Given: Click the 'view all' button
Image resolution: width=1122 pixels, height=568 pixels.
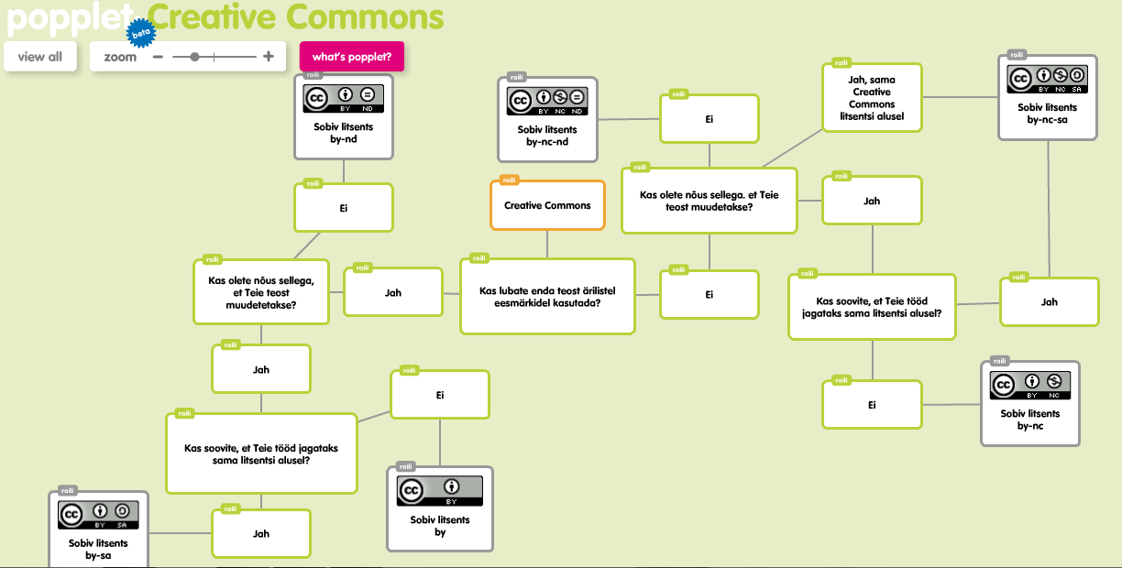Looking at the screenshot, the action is (x=39, y=57).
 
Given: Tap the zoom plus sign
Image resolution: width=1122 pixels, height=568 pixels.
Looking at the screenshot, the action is (x=269, y=57).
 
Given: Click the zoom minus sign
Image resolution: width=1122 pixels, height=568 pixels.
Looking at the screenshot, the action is (x=158, y=57).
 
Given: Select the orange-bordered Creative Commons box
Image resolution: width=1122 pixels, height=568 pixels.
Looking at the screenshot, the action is (x=547, y=205).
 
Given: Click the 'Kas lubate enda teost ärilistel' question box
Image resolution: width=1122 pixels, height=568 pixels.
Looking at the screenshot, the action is (x=547, y=296).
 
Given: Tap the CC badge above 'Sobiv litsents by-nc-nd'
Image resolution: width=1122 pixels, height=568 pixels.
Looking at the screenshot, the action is (x=547, y=99).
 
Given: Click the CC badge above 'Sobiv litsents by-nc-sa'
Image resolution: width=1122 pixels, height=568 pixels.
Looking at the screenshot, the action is (x=1047, y=78).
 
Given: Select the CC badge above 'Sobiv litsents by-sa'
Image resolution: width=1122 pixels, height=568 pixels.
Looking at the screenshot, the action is (x=98, y=515).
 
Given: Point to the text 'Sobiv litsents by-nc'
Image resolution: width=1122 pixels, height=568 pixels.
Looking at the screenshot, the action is (x=1030, y=420).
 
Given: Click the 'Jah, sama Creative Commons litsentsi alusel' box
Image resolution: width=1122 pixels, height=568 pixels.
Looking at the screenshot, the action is (x=872, y=98).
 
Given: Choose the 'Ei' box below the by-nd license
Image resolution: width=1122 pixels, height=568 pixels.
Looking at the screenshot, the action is (x=343, y=208).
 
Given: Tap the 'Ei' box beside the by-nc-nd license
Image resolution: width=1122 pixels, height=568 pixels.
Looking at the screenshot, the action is (x=709, y=119).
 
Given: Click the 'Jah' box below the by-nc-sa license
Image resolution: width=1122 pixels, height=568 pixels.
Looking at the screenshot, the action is (x=1049, y=301).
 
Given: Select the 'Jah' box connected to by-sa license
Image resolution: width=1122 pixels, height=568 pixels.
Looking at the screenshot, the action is (x=260, y=533).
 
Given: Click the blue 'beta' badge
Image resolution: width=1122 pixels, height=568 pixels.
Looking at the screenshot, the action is (x=140, y=34).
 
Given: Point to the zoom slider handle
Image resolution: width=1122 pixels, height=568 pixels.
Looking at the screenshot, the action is (x=194, y=57).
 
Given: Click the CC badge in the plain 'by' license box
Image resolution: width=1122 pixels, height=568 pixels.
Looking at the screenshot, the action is (x=440, y=491).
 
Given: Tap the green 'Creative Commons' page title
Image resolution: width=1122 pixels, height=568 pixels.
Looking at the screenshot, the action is (x=296, y=16).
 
